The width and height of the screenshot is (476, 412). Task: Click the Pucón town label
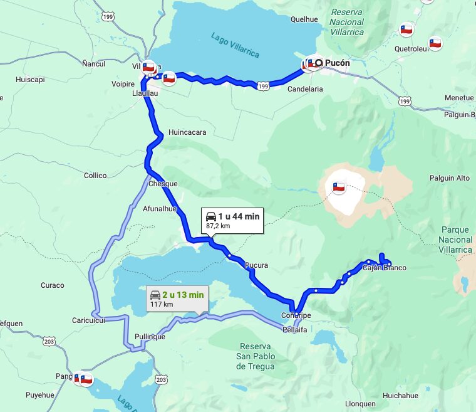(x=338, y=63)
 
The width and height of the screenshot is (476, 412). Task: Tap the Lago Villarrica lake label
(x=235, y=45)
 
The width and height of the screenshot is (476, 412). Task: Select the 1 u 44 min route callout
(x=232, y=220)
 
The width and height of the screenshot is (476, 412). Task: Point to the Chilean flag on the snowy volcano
(x=339, y=187)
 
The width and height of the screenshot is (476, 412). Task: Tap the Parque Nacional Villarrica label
(x=456, y=240)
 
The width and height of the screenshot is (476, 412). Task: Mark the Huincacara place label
(x=187, y=132)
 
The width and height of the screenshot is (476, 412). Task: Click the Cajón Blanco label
(x=384, y=268)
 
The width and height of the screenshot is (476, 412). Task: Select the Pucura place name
(x=257, y=265)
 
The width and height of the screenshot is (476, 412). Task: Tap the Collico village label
(x=95, y=176)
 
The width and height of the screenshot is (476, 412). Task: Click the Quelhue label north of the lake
(x=304, y=19)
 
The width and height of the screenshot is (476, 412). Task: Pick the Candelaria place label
(x=305, y=89)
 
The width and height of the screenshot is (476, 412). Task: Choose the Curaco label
(x=53, y=285)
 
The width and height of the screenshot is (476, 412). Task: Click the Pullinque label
(x=150, y=337)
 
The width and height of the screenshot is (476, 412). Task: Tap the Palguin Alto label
(x=449, y=178)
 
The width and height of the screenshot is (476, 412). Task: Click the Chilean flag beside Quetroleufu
(x=435, y=43)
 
